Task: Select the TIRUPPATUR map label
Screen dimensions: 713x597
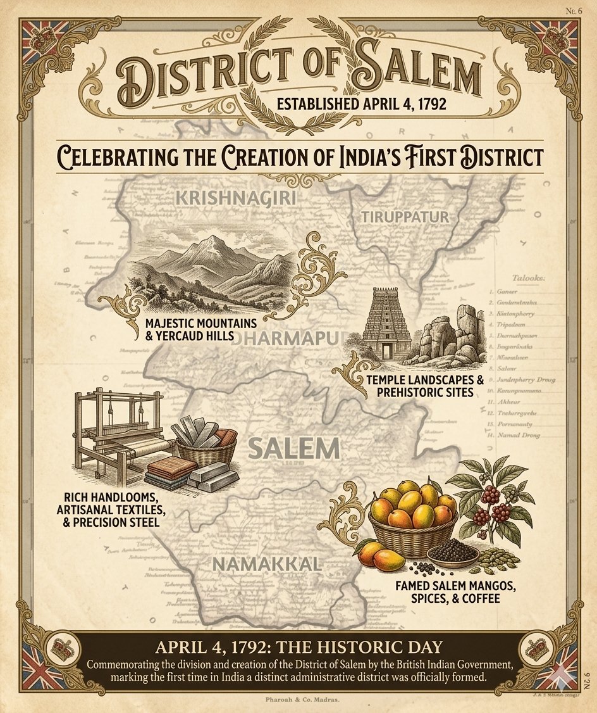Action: (x=405, y=217)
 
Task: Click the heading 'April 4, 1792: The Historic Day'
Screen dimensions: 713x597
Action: (x=298, y=647)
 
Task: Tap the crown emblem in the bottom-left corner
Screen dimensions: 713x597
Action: (x=63, y=649)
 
